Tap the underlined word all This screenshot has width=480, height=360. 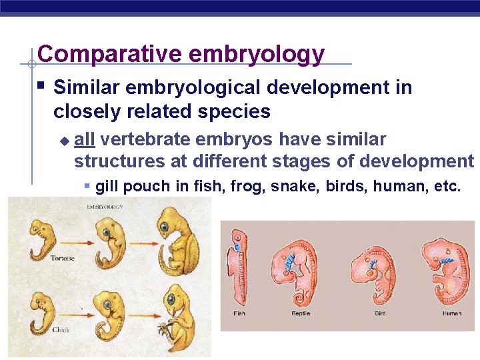pyautogui.click(x=85, y=139)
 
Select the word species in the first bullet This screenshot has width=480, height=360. pyautogui.click(x=237, y=111)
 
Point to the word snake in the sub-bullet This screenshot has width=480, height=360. pyautogui.click(x=300, y=186)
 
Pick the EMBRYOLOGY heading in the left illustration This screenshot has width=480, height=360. pyautogui.click(x=105, y=208)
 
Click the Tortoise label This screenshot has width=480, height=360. pyautogui.click(x=63, y=259)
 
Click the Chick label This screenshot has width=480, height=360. pyautogui.click(x=61, y=329)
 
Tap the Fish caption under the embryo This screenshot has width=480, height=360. pyautogui.click(x=239, y=313)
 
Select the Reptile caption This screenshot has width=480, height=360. pyautogui.click(x=301, y=313)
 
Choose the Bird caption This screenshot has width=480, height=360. pyautogui.click(x=380, y=313)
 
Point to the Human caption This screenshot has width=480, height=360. pyautogui.click(x=452, y=313)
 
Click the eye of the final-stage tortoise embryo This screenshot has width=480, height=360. pyautogui.click(x=163, y=227)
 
